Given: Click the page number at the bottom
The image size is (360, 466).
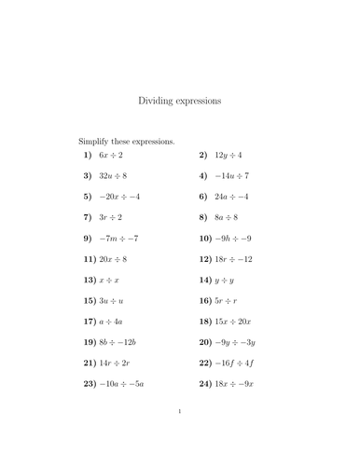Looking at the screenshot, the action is click(180, 438).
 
